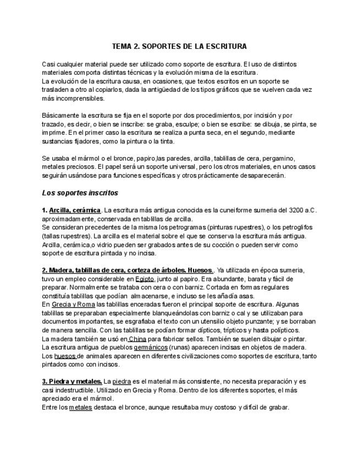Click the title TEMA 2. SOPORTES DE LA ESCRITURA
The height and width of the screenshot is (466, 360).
pyautogui.click(x=179, y=47)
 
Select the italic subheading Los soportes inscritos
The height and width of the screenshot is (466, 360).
pyautogui.click(x=80, y=193)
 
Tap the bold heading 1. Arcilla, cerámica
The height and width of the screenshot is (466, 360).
pyautogui.click(x=71, y=210)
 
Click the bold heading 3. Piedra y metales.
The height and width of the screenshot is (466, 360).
pyautogui.click(x=71, y=381)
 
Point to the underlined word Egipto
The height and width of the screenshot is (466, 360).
pyautogui.click(x=145, y=279)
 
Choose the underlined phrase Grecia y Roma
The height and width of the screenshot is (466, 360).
pyautogui.click(x=74, y=304)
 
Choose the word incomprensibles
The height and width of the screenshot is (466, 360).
pyautogui.click(x=80, y=98)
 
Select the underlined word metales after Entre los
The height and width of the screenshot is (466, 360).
pyautogui.click(x=80, y=407)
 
